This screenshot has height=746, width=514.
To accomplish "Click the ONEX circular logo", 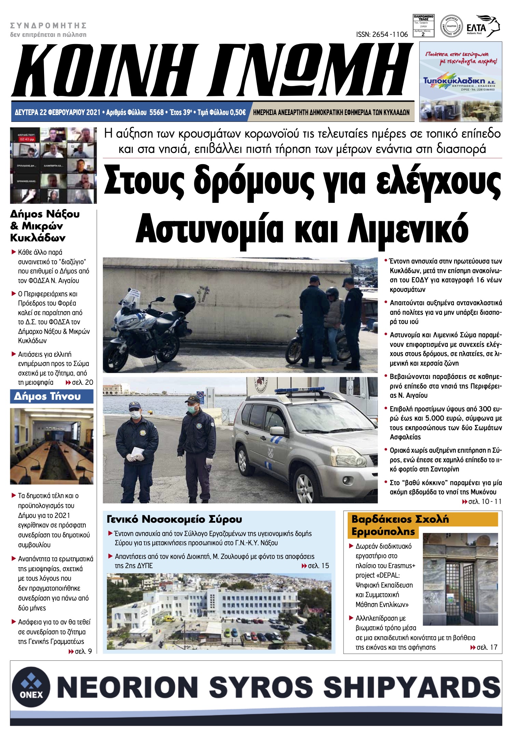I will (31, 687).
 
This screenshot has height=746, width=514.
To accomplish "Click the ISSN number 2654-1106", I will (382, 34).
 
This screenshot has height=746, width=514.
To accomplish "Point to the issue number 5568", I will (157, 112).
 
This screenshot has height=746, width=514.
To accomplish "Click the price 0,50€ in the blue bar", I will (237, 112).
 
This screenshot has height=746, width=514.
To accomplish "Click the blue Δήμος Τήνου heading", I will (47, 396).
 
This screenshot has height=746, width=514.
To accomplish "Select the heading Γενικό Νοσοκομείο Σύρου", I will (175, 520).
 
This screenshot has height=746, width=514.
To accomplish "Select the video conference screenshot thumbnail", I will (53, 165).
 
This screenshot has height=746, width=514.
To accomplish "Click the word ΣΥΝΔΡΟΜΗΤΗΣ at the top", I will (48, 26).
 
